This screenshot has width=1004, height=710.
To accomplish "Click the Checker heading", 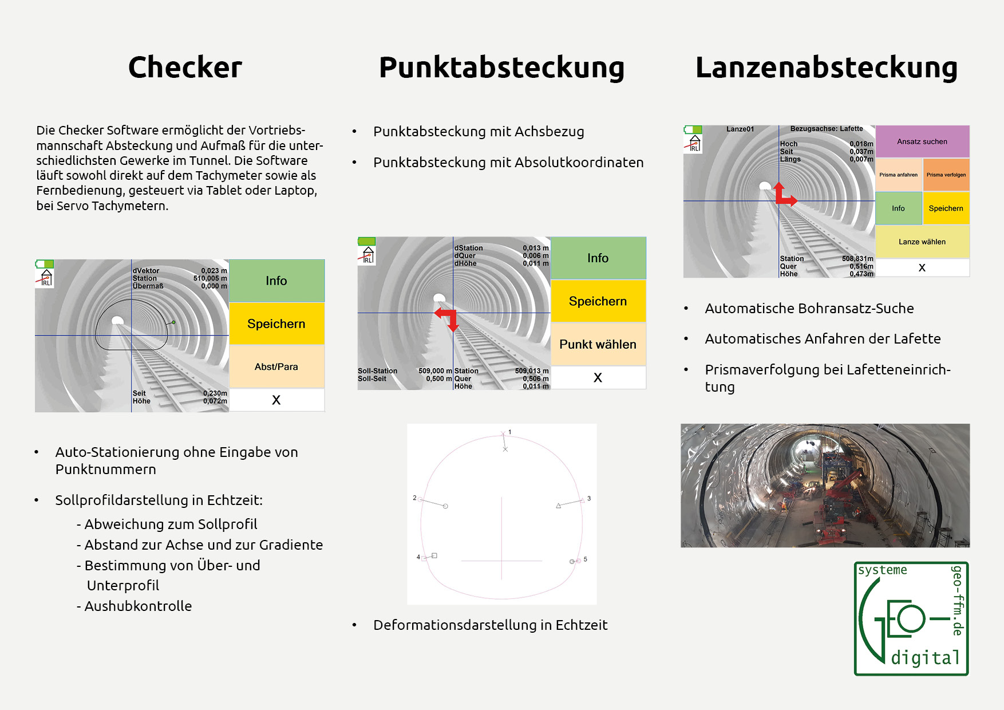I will (185, 68).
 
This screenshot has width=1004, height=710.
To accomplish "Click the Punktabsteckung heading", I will (501, 68).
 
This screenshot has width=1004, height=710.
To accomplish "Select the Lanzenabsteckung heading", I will (826, 68).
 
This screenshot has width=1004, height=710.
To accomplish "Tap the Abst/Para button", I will (276, 366).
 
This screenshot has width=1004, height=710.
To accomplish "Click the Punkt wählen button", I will (598, 344).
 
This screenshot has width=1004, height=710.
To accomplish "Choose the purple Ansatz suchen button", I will (922, 141).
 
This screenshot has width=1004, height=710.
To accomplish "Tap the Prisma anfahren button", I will (898, 175).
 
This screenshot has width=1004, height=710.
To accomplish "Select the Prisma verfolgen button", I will (946, 175).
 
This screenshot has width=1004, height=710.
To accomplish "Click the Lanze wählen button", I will (922, 242).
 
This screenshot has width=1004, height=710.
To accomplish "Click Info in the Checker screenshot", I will (276, 281).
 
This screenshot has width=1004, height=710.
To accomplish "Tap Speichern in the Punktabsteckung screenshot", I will (598, 301).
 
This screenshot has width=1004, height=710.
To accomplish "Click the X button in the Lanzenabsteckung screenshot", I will (922, 267).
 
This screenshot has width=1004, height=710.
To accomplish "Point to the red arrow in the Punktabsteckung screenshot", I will (448, 318).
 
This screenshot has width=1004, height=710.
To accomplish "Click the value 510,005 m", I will (210, 278).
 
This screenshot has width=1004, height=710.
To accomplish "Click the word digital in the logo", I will (925, 657).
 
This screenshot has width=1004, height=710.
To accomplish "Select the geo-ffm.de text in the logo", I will (957, 600).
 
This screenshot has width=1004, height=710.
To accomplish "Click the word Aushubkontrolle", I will (138, 606).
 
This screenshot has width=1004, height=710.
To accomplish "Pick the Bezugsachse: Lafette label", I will (826, 129).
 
